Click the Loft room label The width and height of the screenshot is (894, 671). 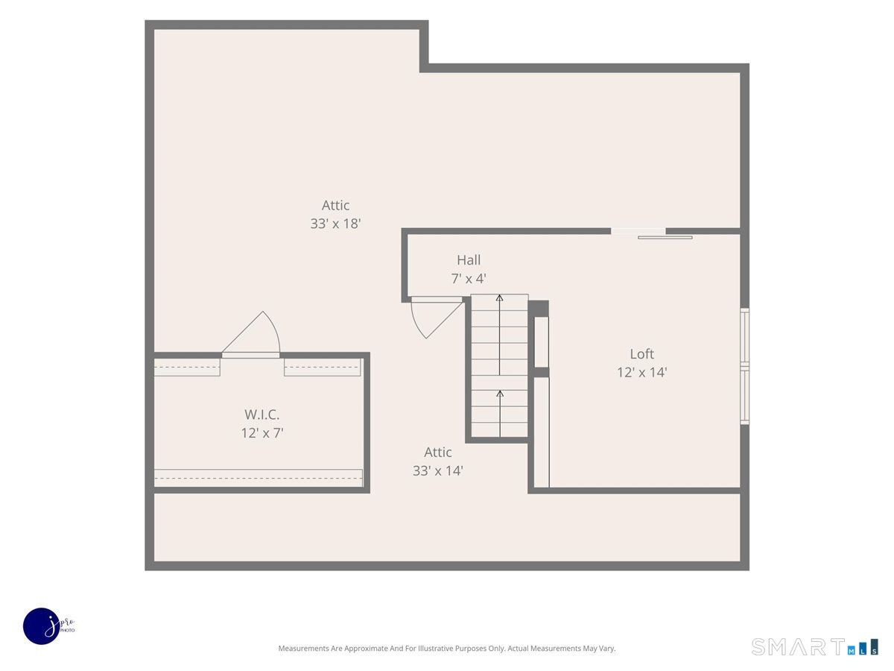(x=641, y=353)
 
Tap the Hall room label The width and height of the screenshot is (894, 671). (x=469, y=260)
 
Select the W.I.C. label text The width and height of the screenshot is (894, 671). (x=262, y=415)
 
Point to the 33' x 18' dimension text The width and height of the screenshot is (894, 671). (x=335, y=224)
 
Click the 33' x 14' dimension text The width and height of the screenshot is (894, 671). (x=437, y=471)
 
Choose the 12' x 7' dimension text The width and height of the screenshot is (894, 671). (x=262, y=432)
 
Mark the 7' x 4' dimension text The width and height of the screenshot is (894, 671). (x=469, y=279)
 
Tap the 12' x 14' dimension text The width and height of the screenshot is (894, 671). (x=641, y=372)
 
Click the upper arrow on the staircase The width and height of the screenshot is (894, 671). (x=499, y=335)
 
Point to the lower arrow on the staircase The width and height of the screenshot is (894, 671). (x=500, y=414)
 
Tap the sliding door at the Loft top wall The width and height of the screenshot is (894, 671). (x=652, y=234)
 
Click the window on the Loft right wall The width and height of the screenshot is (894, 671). (x=744, y=366)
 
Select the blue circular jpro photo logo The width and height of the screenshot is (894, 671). (x=42, y=626)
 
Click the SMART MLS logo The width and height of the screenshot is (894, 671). (x=814, y=647)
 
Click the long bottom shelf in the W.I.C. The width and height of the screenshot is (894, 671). (x=259, y=478)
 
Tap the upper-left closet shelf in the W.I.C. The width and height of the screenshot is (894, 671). (x=187, y=367)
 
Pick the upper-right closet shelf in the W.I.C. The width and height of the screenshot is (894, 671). (x=322, y=367)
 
